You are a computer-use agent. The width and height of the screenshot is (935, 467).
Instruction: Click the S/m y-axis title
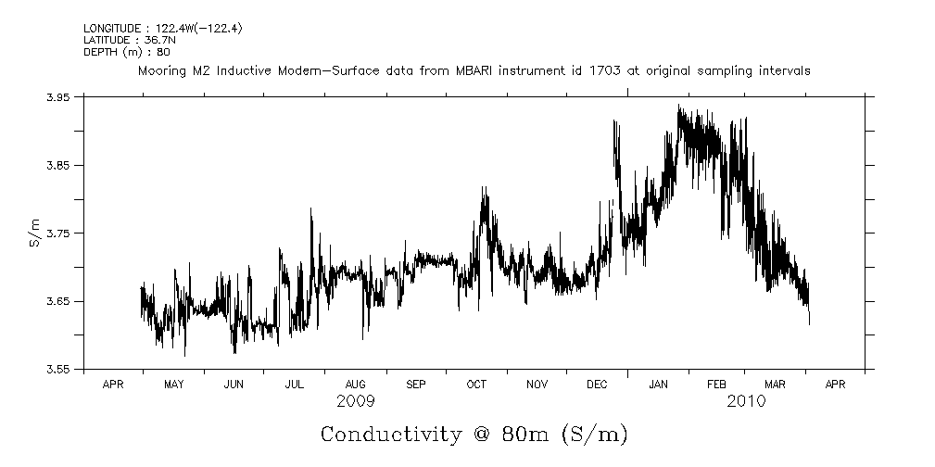(34, 232)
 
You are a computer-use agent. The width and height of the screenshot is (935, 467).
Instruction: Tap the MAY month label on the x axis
(173, 383)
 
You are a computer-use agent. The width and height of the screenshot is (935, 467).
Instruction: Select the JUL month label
(295, 383)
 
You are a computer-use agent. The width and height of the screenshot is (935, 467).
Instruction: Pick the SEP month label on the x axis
(416, 383)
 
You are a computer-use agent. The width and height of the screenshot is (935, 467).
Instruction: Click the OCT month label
(476, 383)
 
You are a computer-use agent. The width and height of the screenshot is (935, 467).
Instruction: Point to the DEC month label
(598, 383)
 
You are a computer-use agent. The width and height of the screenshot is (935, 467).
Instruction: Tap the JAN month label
(659, 383)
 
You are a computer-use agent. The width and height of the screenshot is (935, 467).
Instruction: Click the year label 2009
(356, 401)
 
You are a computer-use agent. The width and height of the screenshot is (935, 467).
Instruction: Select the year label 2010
(747, 401)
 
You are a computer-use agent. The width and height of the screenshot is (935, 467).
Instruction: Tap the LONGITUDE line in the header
(163, 29)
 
